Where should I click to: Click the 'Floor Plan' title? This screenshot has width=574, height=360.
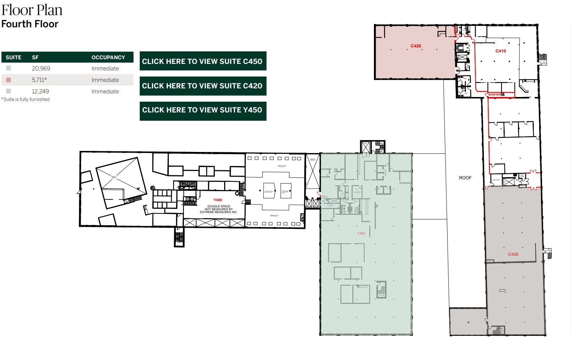(32, 10)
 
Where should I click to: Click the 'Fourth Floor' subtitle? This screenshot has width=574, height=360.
(30, 24)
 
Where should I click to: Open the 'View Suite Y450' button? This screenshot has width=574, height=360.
(203, 110)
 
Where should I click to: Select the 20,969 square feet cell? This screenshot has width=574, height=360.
(41, 68)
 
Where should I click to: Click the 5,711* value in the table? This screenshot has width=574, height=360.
(39, 80)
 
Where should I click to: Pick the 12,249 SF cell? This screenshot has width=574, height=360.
(40, 91)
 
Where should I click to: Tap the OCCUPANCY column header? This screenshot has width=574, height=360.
(108, 57)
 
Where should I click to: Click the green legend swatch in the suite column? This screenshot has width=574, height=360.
(8, 68)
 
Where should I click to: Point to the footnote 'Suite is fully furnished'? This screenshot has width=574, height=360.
(26, 100)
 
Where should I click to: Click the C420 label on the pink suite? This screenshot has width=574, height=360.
(416, 46)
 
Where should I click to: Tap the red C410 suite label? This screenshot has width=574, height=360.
(500, 51)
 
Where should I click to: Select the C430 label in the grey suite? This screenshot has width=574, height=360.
(513, 254)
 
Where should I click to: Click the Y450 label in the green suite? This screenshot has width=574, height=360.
(361, 234)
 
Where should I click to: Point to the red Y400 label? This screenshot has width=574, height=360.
(218, 200)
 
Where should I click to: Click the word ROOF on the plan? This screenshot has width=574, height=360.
(465, 178)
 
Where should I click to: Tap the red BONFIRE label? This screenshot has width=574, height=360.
(494, 94)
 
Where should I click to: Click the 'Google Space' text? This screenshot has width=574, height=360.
(218, 206)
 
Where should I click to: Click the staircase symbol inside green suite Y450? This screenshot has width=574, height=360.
(381, 290)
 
